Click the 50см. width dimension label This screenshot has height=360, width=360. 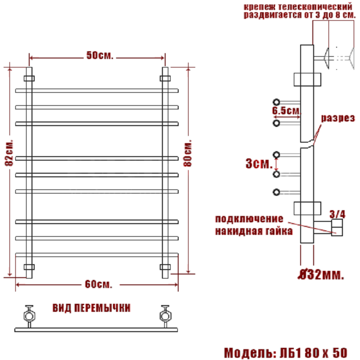click(x=100, y=55)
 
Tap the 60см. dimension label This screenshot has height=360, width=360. click(x=99, y=284)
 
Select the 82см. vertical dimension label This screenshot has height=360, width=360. click(x=9, y=152)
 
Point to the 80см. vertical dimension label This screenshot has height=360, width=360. click(x=188, y=153)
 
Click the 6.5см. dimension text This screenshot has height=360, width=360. click(x=287, y=111)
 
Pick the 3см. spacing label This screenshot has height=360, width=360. click(x=259, y=163)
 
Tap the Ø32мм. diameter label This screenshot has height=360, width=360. click(x=321, y=274)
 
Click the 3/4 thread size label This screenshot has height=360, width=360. click(x=337, y=214)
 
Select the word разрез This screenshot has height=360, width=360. click(x=338, y=118)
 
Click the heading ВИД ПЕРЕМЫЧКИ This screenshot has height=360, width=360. click(x=92, y=308)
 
